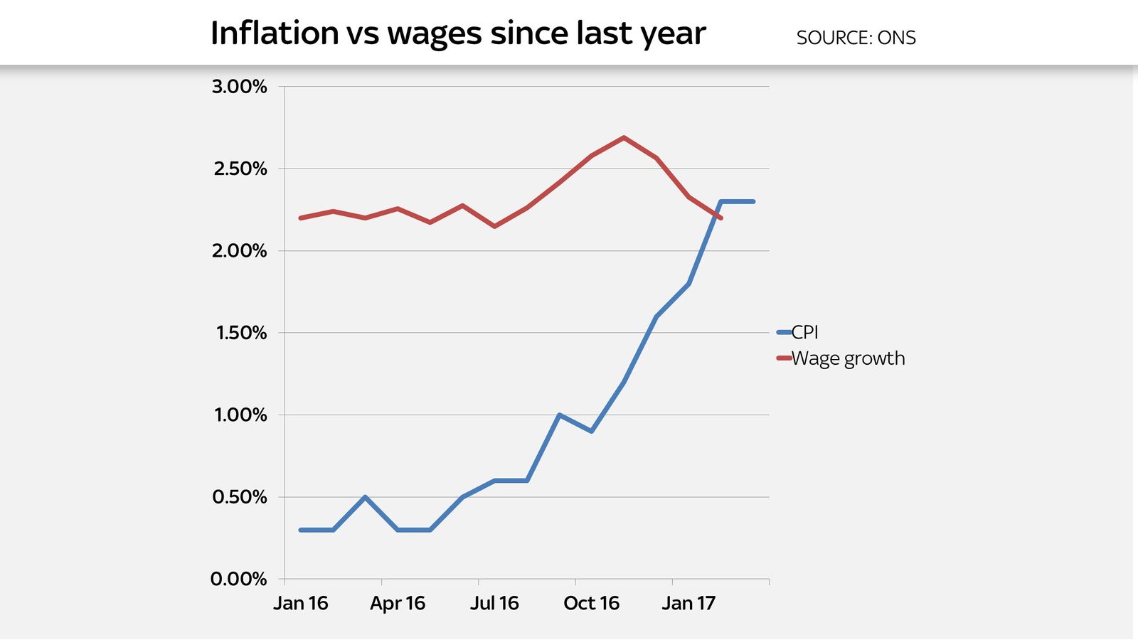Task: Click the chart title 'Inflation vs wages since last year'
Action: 458,33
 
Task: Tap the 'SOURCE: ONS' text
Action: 856,38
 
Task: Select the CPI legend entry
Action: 804,332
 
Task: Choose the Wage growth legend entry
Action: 847,358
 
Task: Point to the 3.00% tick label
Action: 239,87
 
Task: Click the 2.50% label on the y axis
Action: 240,169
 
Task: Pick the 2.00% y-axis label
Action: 239,251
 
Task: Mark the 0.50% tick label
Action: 239,497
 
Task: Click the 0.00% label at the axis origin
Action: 238,579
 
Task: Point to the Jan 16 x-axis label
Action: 301,604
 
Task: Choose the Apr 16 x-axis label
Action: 398,604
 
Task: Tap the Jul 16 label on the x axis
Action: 494,604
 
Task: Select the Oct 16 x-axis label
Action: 591,604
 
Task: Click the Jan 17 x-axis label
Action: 688,604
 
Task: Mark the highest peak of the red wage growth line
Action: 624,137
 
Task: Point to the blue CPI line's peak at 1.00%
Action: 559,415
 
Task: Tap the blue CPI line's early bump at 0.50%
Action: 365,497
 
